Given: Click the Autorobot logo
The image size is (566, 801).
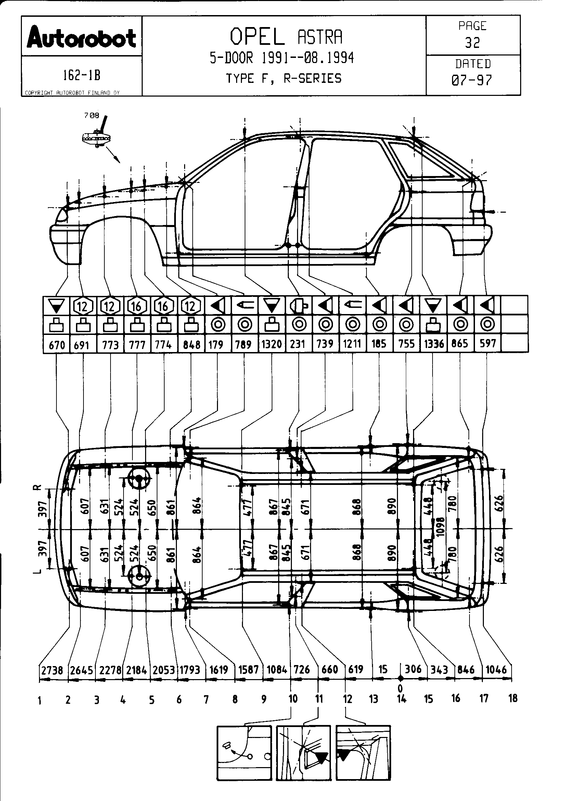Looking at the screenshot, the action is [81, 38].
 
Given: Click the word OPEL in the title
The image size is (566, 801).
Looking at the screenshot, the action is [257, 37].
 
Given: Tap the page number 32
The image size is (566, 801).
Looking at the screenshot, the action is [473, 43].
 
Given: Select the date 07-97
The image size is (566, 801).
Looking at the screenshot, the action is [472, 80].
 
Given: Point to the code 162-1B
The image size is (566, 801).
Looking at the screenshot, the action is [81, 75].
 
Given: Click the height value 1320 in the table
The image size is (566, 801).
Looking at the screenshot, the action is [271, 344].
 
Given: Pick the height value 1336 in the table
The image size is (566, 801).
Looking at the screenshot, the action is [434, 344].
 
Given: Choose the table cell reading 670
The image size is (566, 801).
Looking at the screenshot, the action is [57, 345].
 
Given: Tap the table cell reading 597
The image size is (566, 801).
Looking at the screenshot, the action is [488, 343].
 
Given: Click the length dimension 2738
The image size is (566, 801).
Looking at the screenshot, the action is [52, 670].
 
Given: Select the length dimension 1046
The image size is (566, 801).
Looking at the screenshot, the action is [496, 669].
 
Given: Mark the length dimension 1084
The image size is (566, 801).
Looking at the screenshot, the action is [277, 670].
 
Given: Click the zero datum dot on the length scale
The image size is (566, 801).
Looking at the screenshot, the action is [401, 678].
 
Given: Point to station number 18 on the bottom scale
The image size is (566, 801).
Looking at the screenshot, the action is [513, 698].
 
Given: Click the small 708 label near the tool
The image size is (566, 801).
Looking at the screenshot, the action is [92, 115].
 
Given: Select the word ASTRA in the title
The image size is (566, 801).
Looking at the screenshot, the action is [320, 37].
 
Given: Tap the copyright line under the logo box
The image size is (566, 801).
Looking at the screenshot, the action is [72, 93].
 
